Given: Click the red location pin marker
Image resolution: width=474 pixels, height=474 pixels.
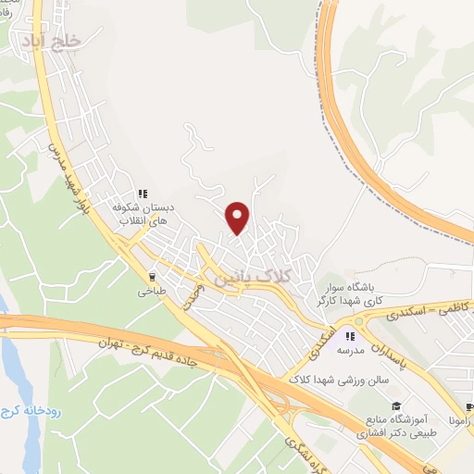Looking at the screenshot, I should tap(239, 218).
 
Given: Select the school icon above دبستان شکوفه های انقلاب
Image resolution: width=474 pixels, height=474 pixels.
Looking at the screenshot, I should tap(143, 194).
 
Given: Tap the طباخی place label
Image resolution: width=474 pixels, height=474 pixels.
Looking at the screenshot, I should tap(151, 292).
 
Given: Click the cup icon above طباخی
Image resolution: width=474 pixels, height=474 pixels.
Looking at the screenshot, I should tap(153, 276).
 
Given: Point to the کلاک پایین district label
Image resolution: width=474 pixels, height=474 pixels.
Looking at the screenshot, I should tap(252, 276).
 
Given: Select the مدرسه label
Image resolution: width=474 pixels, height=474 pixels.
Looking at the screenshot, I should tap(351, 353).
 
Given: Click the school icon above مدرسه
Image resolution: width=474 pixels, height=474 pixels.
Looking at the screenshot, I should tap(351, 335).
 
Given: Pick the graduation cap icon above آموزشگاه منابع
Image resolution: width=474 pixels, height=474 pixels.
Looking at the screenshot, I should tap(395, 405).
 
